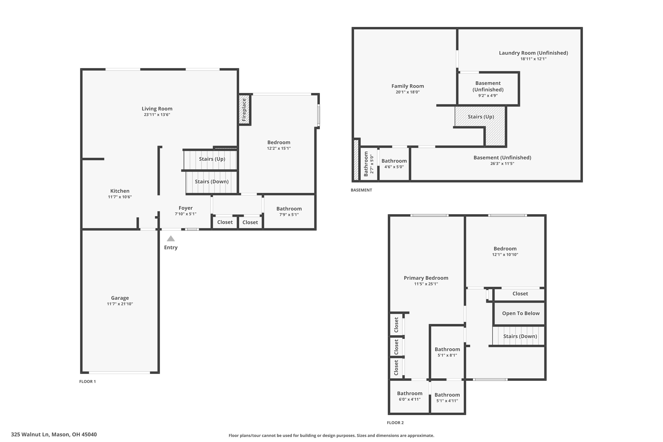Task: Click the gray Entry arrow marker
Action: click(171, 239)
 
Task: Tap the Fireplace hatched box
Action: click(244, 109)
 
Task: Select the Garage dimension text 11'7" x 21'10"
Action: click(120, 304)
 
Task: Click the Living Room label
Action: click(157, 109)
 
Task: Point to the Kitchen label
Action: click(120, 191)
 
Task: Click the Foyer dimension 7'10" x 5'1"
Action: click(185, 214)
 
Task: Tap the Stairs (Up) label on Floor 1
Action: click(212, 159)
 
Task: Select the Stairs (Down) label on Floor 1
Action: click(212, 181)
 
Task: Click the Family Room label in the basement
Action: click(408, 86)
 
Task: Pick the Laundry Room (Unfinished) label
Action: click(533, 53)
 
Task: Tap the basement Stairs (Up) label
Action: click(481, 117)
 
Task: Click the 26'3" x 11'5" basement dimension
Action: click(502, 164)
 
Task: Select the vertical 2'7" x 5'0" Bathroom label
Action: click(369, 164)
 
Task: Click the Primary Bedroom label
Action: click(426, 278)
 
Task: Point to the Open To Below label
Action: click(521, 313)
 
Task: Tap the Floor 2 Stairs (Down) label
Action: click(520, 336)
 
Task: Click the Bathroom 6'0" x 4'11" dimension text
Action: click(410, 399)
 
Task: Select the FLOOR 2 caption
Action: click(395, 423)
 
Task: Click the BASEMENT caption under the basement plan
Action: click(361, 190)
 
